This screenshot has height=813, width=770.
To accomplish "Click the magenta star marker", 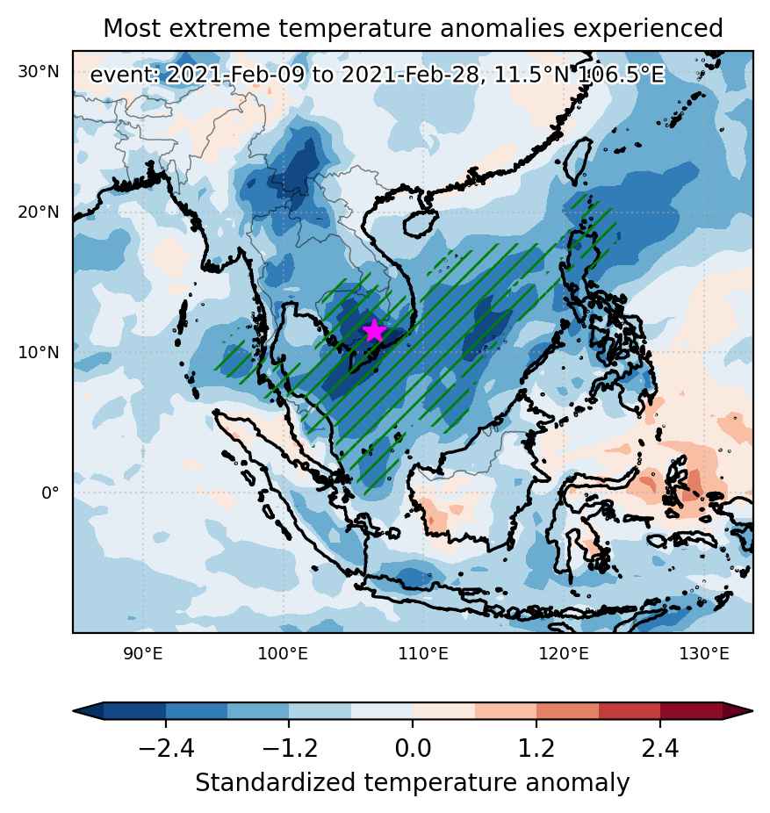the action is click(x=374, y=331).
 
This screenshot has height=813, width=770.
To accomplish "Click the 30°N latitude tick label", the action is click(x=39, y=71).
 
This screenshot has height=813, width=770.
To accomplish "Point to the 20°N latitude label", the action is click(x=39, y=212).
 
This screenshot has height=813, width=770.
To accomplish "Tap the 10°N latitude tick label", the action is click(x=39, y=353).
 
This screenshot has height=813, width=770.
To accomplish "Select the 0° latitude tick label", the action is click(x=50, y=493).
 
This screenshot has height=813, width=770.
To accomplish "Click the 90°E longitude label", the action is click(x=143, y=653).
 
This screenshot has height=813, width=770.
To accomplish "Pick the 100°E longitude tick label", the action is click(x=283, y=653).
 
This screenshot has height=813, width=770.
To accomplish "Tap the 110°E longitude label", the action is click(x=423, y=653).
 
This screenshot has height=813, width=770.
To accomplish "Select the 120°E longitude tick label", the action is click(x=565, y=653).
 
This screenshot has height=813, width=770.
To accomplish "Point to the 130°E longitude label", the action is click(x=705, y=653).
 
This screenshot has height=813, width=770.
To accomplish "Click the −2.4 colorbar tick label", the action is click(x=167, y=749).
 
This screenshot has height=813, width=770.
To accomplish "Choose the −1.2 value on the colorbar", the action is click(x=290, y=749).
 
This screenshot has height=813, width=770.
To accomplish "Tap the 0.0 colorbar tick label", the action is click(x=413, y=749).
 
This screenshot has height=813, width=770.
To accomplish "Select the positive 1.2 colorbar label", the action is click(x=536, y=749).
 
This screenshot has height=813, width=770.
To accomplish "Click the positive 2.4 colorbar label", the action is click(x=660, y=749).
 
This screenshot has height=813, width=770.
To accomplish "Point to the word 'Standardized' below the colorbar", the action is click(x=277, y=782).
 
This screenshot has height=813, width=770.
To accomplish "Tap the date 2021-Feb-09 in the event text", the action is click(x=235, y=75).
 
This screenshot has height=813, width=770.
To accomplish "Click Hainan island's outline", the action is click(x=419, y=224).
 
